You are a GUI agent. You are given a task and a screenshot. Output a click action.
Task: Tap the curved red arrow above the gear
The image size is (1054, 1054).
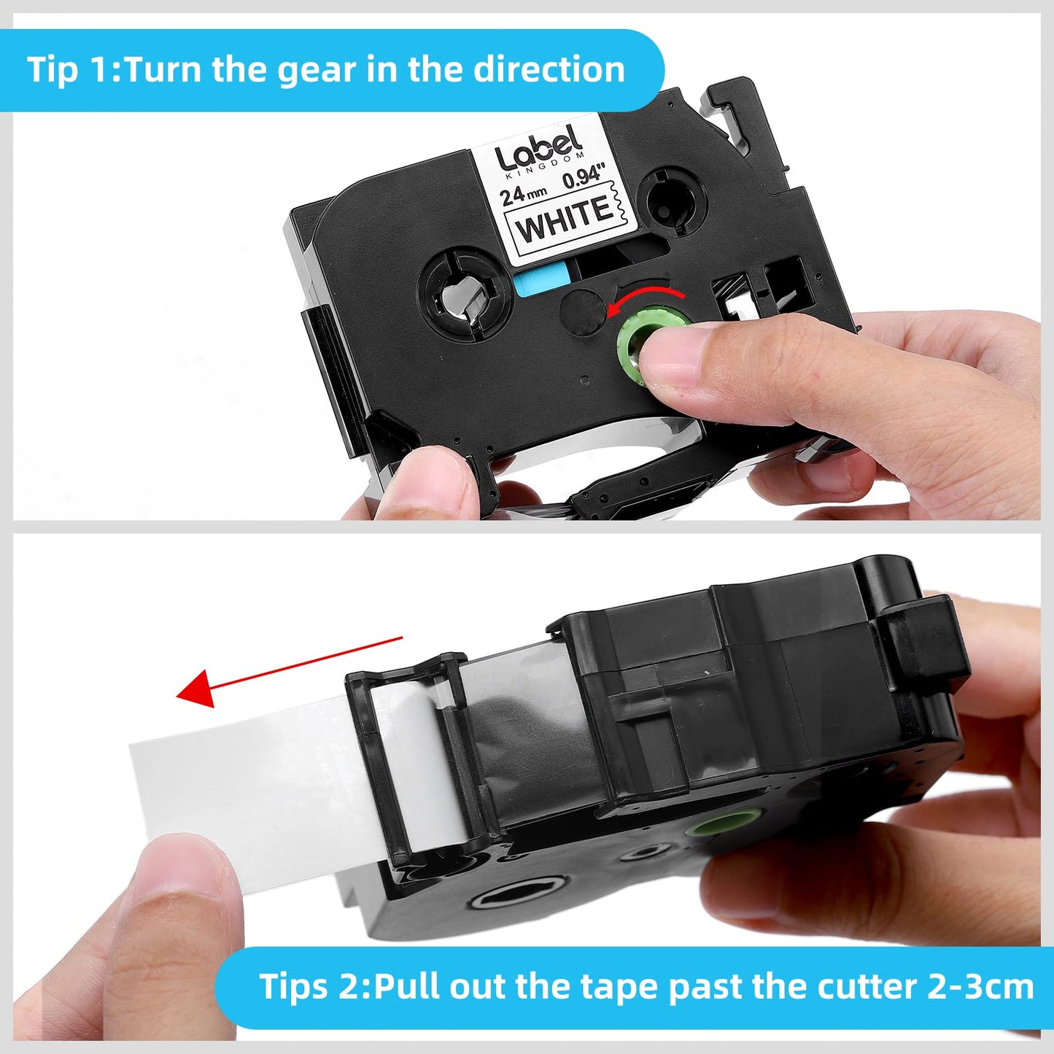(646, 301)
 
